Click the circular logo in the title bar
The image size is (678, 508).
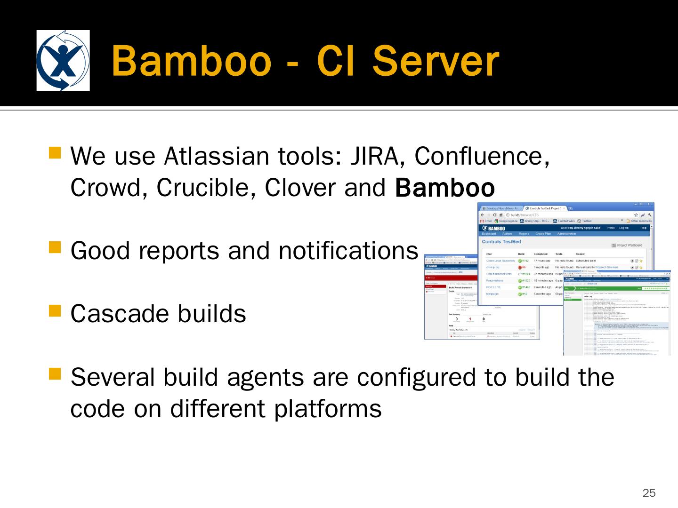(x=63, y=61)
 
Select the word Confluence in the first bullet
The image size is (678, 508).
(x=478, y=156)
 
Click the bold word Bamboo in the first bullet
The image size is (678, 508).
(x=445, y=188)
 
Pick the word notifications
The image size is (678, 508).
(x=348, y=251)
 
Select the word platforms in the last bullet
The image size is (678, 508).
(x=328, y=408)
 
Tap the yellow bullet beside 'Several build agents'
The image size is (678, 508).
(x=55, y=373)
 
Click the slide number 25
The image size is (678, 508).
(x=649, y=493)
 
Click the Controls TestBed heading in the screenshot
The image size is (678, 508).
(x=501, y=242)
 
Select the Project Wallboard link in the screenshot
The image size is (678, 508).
(x=629, y=245)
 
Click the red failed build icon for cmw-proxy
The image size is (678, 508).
(x=520, y=267)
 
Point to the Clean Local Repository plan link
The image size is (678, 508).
(x=500, y=261)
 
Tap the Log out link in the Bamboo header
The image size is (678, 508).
(x=624, y=228)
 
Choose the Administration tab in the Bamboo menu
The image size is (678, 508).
(x=566, y=234)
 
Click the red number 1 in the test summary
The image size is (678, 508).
(x=470, y=319)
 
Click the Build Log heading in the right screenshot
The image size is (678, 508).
(x=589, y=296)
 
